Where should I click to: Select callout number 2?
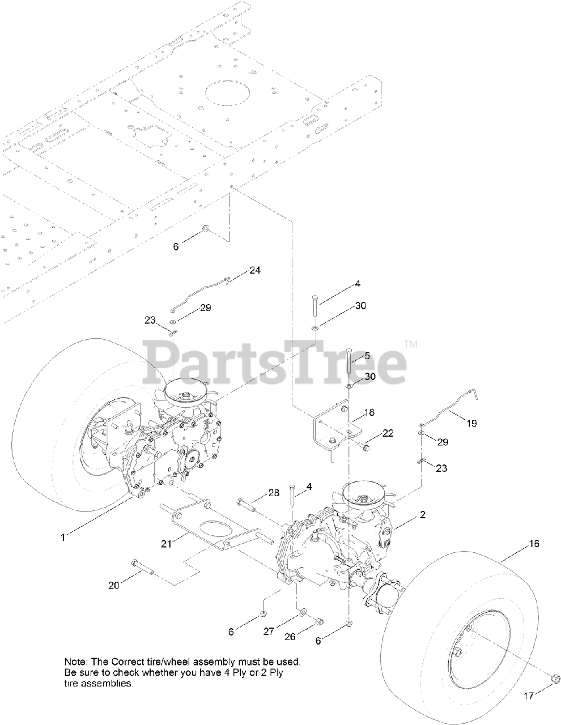point(423,515)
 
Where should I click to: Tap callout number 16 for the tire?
point(534,543)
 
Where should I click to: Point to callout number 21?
point(165,544)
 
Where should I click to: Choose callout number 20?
point(114,585)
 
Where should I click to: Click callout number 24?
point(255,271)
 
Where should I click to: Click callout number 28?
point(274,494)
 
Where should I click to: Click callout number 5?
point(367,356)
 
